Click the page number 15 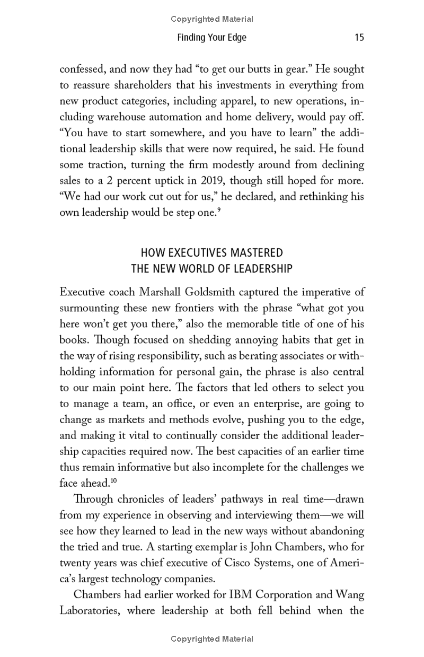tap(359, 38)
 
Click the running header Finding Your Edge tap(212, 38)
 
